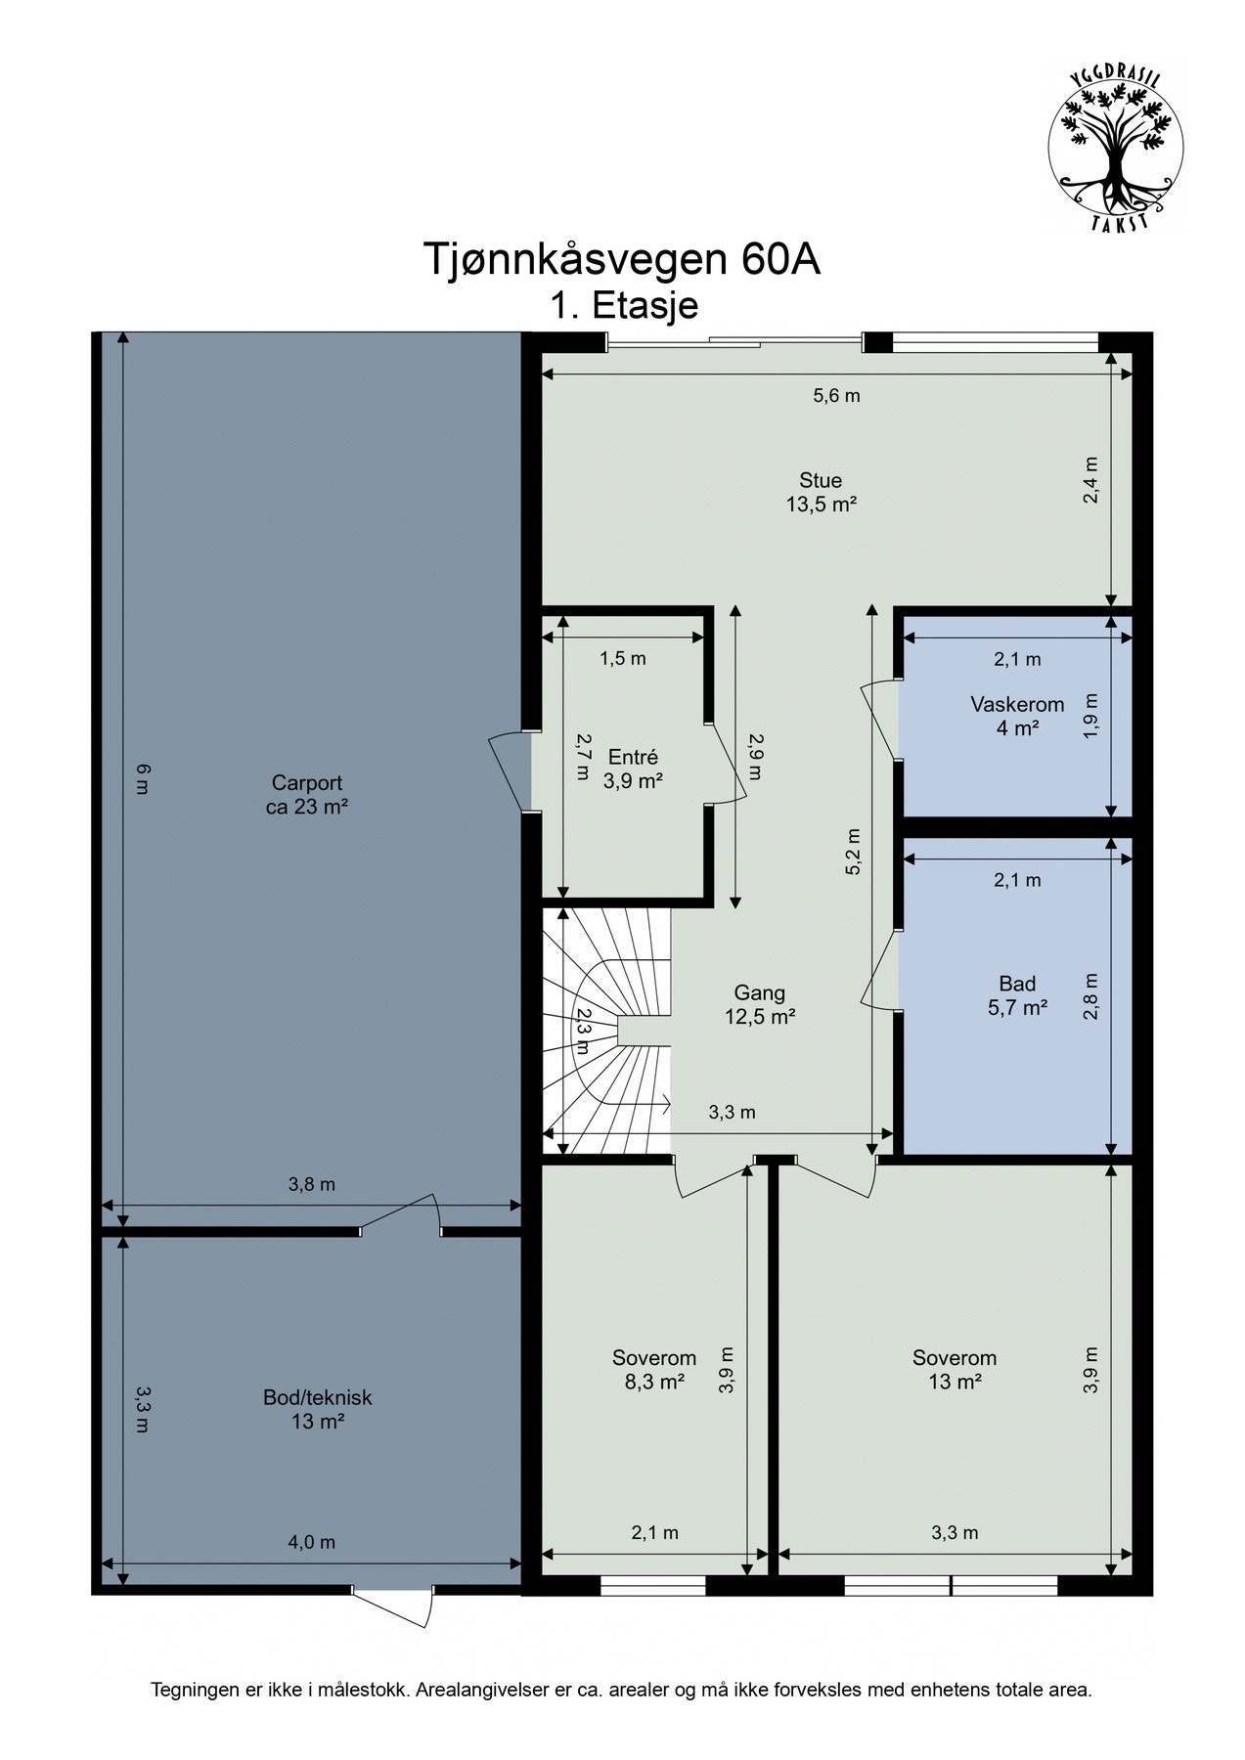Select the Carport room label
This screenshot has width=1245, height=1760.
[x=307, y=795]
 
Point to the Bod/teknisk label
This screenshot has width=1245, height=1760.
[x=318, y=1409]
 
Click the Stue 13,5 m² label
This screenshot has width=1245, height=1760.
[x=821, y=493]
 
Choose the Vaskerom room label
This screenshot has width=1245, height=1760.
[x=1017, y=716]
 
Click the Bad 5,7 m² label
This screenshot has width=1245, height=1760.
[x=1017, y=995]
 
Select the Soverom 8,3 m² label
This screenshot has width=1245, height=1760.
[x=654, y=1369]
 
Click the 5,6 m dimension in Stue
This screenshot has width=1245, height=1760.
[x=836, y=396]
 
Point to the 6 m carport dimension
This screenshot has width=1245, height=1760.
[x=143, y=778]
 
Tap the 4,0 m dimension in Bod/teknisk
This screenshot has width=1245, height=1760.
[x=311, y=1542]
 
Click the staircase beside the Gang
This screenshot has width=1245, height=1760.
[x=606, y=1031]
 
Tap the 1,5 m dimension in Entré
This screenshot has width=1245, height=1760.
[x=623, y=658]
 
